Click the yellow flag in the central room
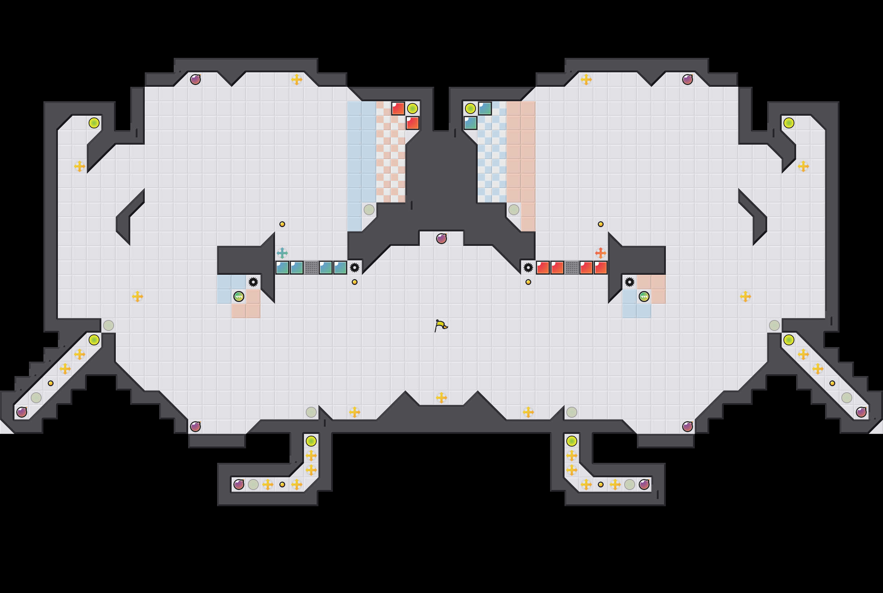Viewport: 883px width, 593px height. click(x=441, y=325)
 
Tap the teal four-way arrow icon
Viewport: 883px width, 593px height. click(x=282, y=253)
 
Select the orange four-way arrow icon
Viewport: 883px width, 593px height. click(x=600, y=253)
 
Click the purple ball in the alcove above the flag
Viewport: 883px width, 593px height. click(x=441, y=239)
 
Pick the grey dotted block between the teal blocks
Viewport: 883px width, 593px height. click(x=311, y=267)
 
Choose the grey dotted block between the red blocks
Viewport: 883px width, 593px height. click(x=571, y=267)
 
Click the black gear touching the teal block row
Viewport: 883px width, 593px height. click(x=354, y=267)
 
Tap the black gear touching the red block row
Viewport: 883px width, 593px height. click(x=528, y=267)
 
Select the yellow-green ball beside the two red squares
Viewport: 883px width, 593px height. click(x=412, y=108)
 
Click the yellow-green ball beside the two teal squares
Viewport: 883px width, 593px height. click(x=470, y=108)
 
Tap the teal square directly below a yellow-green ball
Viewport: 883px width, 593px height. click(x=470, y=123)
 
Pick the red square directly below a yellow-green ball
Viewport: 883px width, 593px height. click(x=412, y=123)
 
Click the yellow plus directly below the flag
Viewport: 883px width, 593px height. click(x=441, y=397)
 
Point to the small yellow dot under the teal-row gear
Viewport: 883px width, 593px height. click(x=354, y=282)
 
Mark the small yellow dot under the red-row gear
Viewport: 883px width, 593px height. click(x=528, y=282)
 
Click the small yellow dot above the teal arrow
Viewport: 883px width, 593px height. click(x=282, y=224)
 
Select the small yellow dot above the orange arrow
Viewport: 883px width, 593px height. click(x=600, y=224)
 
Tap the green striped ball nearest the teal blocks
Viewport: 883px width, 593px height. click(x=238, y=296)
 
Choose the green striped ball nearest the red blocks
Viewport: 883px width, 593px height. click(x=644, y=296)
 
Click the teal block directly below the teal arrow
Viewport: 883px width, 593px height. click(x=282, y=267)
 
